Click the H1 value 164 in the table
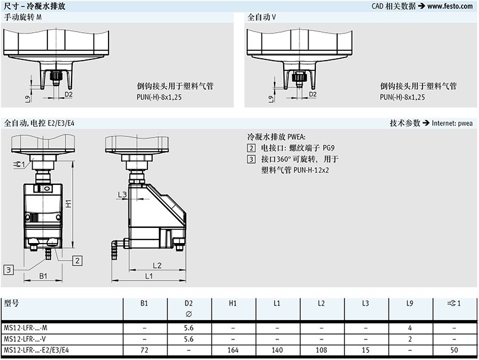pos(233,350)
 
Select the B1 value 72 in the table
pos(144,350)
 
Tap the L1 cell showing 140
pos(277,350)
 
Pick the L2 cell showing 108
pos(321,350)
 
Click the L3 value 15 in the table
pos(366,350)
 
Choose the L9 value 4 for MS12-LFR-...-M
pos(410,328)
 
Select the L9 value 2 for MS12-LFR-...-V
pos(410,339)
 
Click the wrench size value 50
pos(454,350)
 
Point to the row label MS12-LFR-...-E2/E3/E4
pos(36,350)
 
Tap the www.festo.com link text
pos(450,6)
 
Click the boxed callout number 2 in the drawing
pos(77,261)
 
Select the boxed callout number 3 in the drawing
pos(8,270)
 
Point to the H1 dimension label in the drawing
pos(69,203)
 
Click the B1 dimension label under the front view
pos(44,276)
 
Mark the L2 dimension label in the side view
pos(157,265)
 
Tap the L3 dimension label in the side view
pos(122,195)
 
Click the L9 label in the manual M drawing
pos(28,98)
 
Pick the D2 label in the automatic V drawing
pos(313,95)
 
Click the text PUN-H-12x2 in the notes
pos(311,170)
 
